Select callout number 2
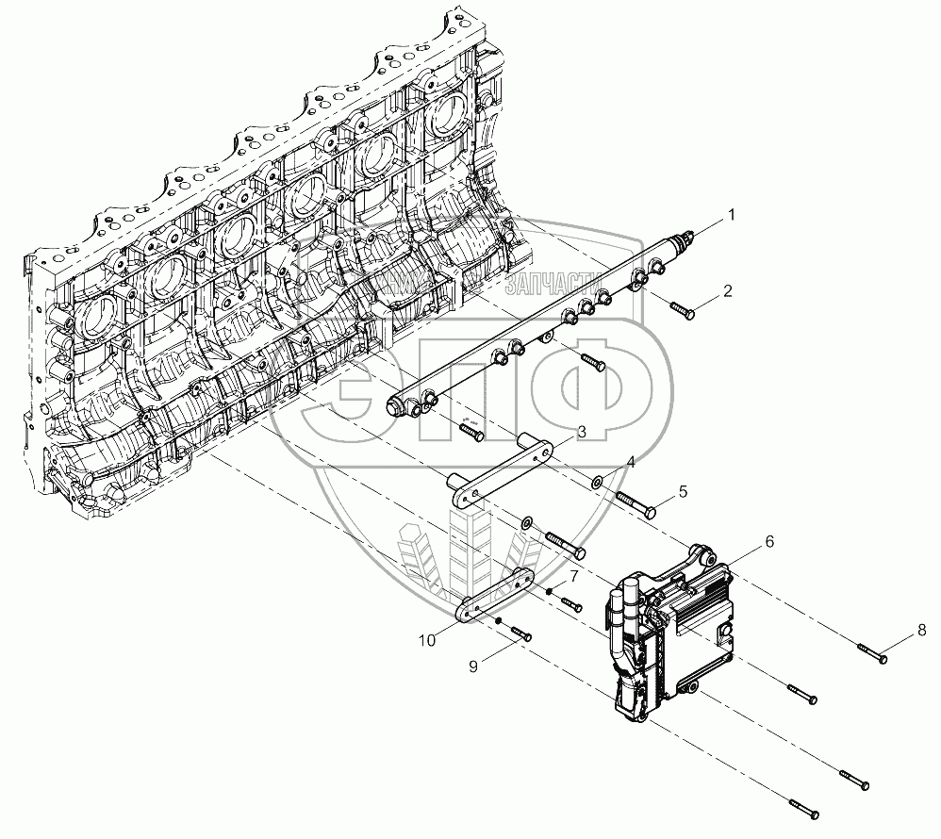coord(727,291)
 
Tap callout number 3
coord(582,431)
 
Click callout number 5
coord(683,491)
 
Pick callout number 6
coord(769,541)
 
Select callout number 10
coord(427,640)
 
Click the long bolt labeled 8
coord(872,649)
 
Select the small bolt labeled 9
coord(519,632)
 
